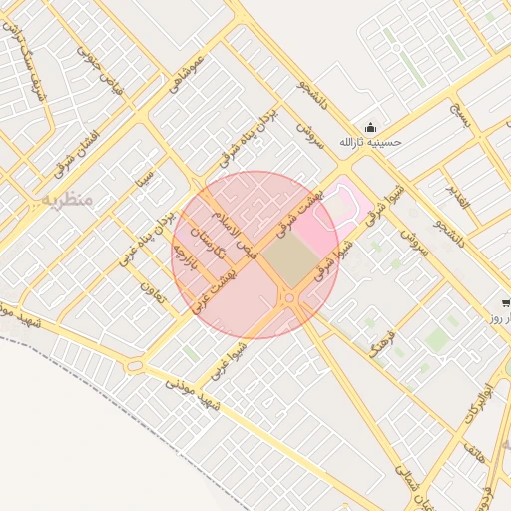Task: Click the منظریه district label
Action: (x=67, y=200)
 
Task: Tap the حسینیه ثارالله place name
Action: (x=370, y=143)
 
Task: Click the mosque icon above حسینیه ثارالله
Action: (x=371, y=127)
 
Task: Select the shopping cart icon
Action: (x=507, y=302)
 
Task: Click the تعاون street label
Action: (x=152, y=292)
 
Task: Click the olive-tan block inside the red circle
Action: (x=290, y=262)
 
